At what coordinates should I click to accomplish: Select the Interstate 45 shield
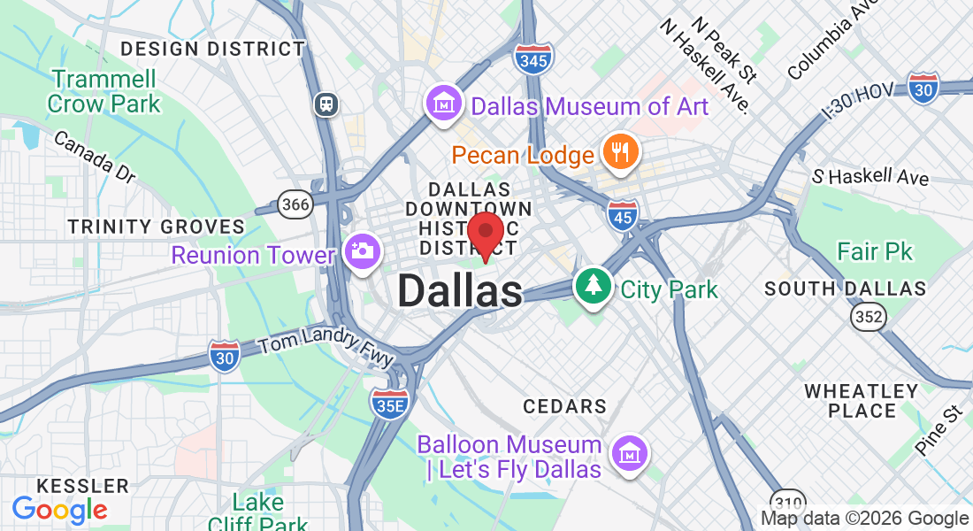coord(624,215)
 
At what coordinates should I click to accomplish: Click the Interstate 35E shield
coord(389,404)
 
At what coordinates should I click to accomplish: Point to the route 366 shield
coord(295,205)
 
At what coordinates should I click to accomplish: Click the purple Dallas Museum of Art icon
coord(443,105)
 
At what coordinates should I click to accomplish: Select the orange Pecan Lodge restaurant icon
coord(620,151)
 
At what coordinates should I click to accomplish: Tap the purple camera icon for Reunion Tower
coord(361,251)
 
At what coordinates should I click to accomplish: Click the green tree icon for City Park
coord(594,285)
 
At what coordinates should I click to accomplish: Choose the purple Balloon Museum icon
coord(629,453)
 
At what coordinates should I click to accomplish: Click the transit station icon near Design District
coord(326,104)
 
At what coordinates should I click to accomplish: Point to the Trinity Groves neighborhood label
coord(156,227)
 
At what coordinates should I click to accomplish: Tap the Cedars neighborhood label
coord(564,406)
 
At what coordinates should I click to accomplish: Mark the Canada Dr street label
coord(95,157)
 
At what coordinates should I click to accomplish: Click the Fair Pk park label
coord(875,252)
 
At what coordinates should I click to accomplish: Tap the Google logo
coord(59,510)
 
